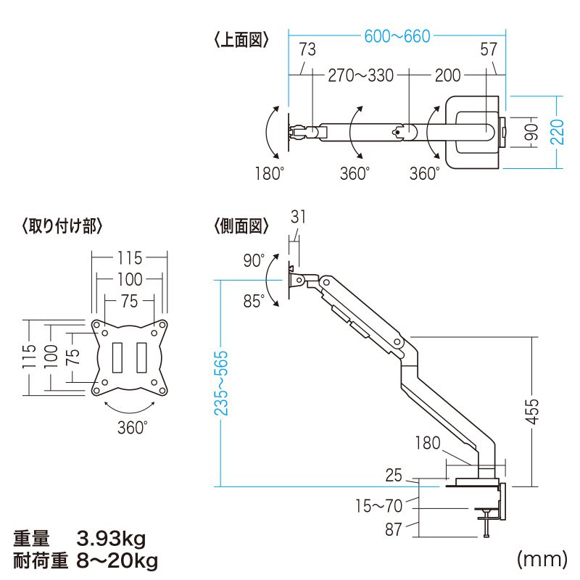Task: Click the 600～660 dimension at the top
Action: pyautogui.click(x=397, y=36)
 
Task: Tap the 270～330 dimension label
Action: pyautogui.click(x=361, y=75)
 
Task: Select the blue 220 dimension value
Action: pyautogui.click(x=556, y=132)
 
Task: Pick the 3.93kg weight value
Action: pyautogui.click(x=112, y=539)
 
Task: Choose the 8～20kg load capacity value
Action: pyautogui.click(x=116, y=560)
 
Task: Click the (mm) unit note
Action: pyautogui.click(x=541, y=560)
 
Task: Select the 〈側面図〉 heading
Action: pyautogui.click(x=241, y=226)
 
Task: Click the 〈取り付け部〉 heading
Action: pyautogui.click(x=62, y=226)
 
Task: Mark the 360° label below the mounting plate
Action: pyautogui.click(x=133, y=427)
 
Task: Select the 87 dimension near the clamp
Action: pyautogui.click(x=393, y=529)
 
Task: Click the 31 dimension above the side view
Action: pyautogui.click(x=298, y=215)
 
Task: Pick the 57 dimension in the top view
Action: pyautogui.click(x=489, y=49)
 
